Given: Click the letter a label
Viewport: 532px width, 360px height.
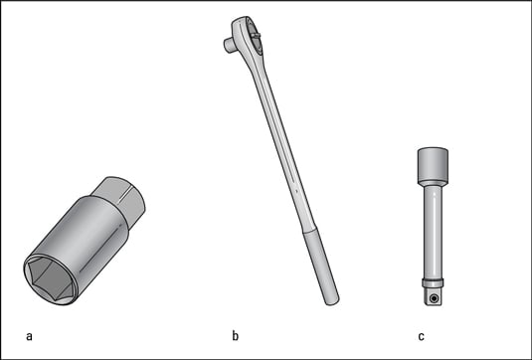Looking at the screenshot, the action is pyautogui.click(x=29, y=336).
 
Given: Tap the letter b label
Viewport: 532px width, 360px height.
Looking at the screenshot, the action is pyautogui.click(x=236, y=335).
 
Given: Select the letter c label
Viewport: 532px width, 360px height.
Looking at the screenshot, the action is pyautogui.click(x=421, y=336).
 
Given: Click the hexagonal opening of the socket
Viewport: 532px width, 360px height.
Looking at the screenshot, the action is pyautogui.click(x=51, y=278).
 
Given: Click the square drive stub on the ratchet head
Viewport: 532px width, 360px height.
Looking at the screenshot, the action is pyautogui.click(x=229, y=45).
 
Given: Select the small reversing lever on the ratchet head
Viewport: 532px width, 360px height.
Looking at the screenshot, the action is pyautogui.click(x=256, y=34).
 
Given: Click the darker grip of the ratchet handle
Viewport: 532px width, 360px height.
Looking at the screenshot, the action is pyautogui.click(x=320, y=268).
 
